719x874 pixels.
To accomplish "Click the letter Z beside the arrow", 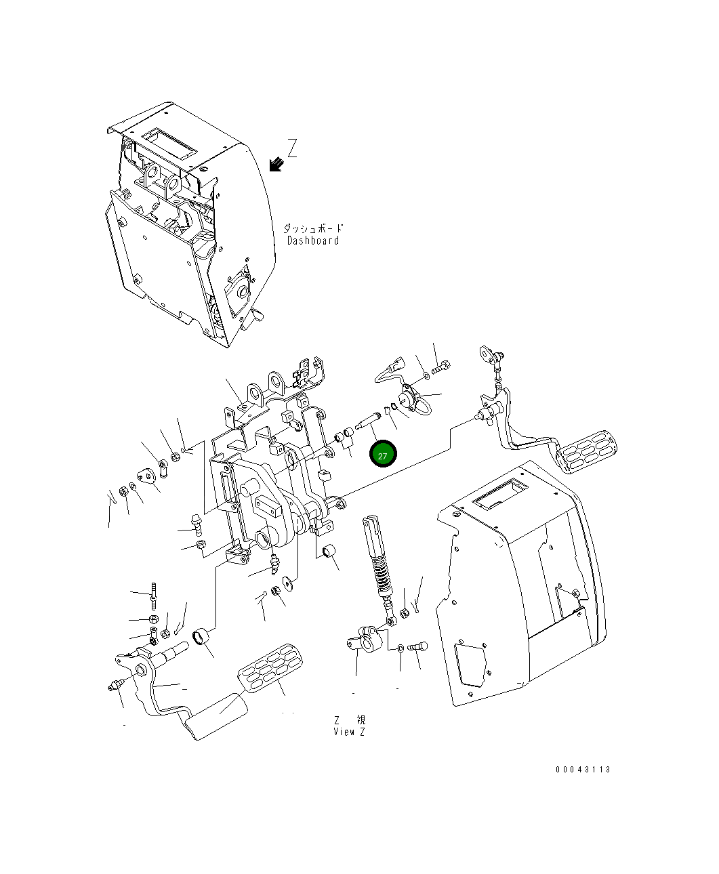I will (x=292, y=148).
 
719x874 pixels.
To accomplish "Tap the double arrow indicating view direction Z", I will (x=275, y=164).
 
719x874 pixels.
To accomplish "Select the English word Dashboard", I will (x=313, y=241).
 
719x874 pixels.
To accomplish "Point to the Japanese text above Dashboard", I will (x=313, y=229).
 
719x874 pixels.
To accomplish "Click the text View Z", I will (x=350, y=732).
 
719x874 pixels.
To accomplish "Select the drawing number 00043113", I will (x=583, y=770).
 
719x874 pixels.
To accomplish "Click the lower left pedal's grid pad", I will (x=270, y=671).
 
